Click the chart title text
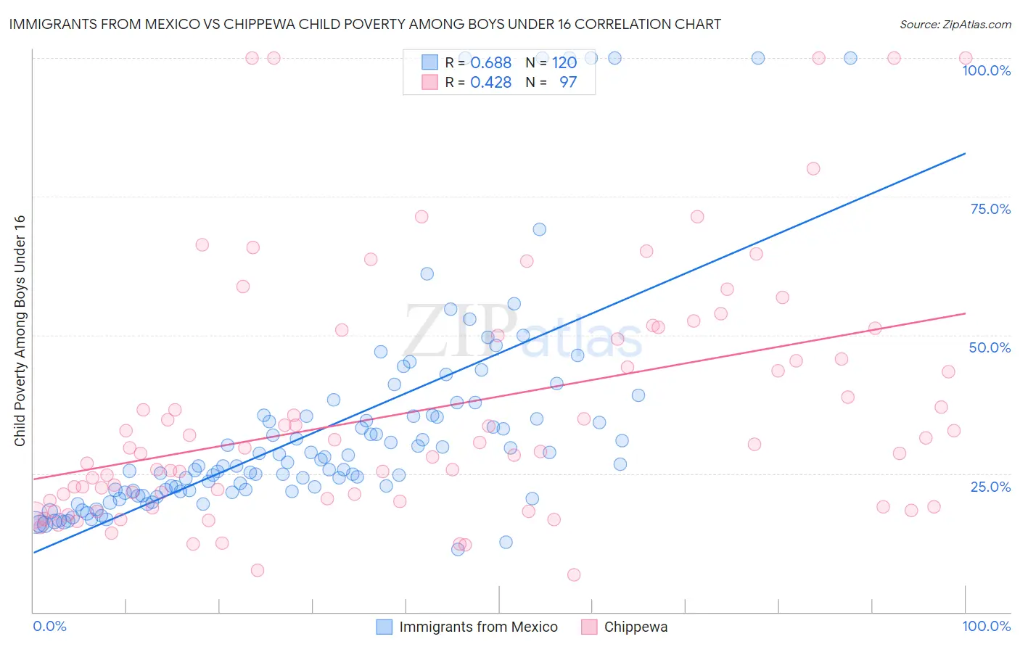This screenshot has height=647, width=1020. (x=365, y=24)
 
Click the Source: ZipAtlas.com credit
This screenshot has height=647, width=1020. (x=955, y=24)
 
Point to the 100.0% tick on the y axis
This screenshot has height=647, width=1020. (x=986, y=70)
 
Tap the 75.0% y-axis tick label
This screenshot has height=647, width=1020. (x=990, y=209)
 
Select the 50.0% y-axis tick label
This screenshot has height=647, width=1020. (x=990, y=347)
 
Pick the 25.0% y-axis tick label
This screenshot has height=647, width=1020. (x=990, y=486)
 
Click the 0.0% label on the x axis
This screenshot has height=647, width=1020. (x=49, y=626)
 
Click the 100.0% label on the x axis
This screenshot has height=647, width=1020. (x=986, y=626)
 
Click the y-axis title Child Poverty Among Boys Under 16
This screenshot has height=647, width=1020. (x=20, y=331)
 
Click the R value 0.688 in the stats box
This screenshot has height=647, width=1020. (x=490, y=62)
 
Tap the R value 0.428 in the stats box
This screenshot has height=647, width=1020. (x=490, y=82)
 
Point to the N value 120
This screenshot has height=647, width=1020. (x=564, y=62)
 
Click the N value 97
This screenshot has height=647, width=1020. (x=567, y=82)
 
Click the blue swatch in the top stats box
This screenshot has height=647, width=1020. (x=429, y=62)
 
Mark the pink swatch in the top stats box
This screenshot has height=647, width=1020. (x=429, y=82)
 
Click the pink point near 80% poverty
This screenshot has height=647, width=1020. (x=813, y=168)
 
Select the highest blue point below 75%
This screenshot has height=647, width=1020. (x=539, y=229)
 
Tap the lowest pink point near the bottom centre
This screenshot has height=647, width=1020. (x=574, y=574)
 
